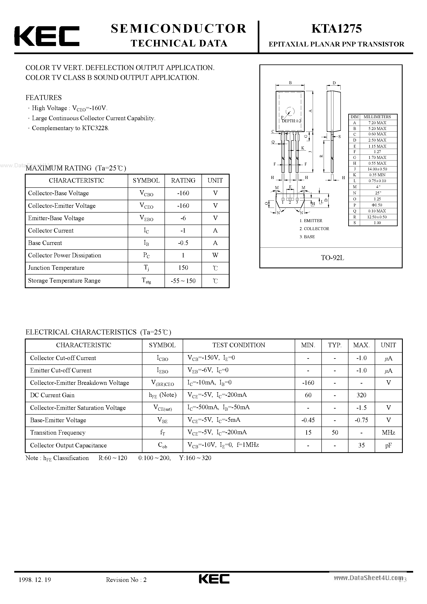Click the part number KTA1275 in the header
pyautogui.click(x=336, y=29)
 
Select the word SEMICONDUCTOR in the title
pyautogui.click(x=179, y=29)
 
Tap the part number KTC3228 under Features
pyautogui.click(x=95, y=128)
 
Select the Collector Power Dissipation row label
pyautogui.click(x=64, y=256)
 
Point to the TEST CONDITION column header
pyautogui.click(x=239, y=345)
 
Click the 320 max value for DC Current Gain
pyautogui.click(x=361, y=395)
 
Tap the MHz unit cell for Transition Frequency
pyautogui.click(x=388, y=433)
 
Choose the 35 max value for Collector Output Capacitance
pyautogui.click(x=361, y=445)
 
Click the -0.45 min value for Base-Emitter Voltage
pyautogui.click(x=308, y=420)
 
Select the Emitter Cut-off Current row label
pyautogui.click(x=61, y=370)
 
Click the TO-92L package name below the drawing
pyautogui.click(x=332, y=258)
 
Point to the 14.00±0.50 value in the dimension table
pyautogui.click(x=377, y=169)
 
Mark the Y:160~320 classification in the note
pyautogui.click(x=195, y=458)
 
